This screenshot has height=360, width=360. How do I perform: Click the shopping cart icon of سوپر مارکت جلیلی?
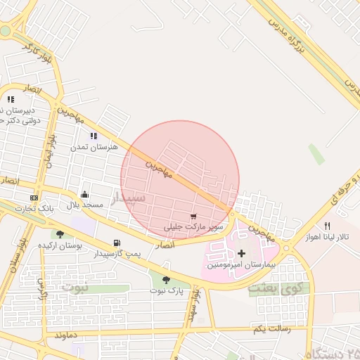193,217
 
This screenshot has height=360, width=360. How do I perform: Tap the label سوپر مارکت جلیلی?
193,227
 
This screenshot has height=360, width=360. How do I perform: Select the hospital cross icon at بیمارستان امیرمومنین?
242,252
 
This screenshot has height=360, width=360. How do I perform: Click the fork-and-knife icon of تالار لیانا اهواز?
327,226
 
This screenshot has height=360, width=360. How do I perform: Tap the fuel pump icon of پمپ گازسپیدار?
117,243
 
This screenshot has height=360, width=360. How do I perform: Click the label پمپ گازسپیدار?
117,253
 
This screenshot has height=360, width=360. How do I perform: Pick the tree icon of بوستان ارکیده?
60,235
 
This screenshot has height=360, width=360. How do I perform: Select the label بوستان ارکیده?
60,245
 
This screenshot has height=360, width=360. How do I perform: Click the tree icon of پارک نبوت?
166,280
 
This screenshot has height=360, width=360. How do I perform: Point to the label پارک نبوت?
166,290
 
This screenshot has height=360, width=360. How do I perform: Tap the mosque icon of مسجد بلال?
85,194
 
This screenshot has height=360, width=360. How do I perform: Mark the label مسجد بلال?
85,205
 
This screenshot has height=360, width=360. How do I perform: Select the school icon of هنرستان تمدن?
94,136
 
